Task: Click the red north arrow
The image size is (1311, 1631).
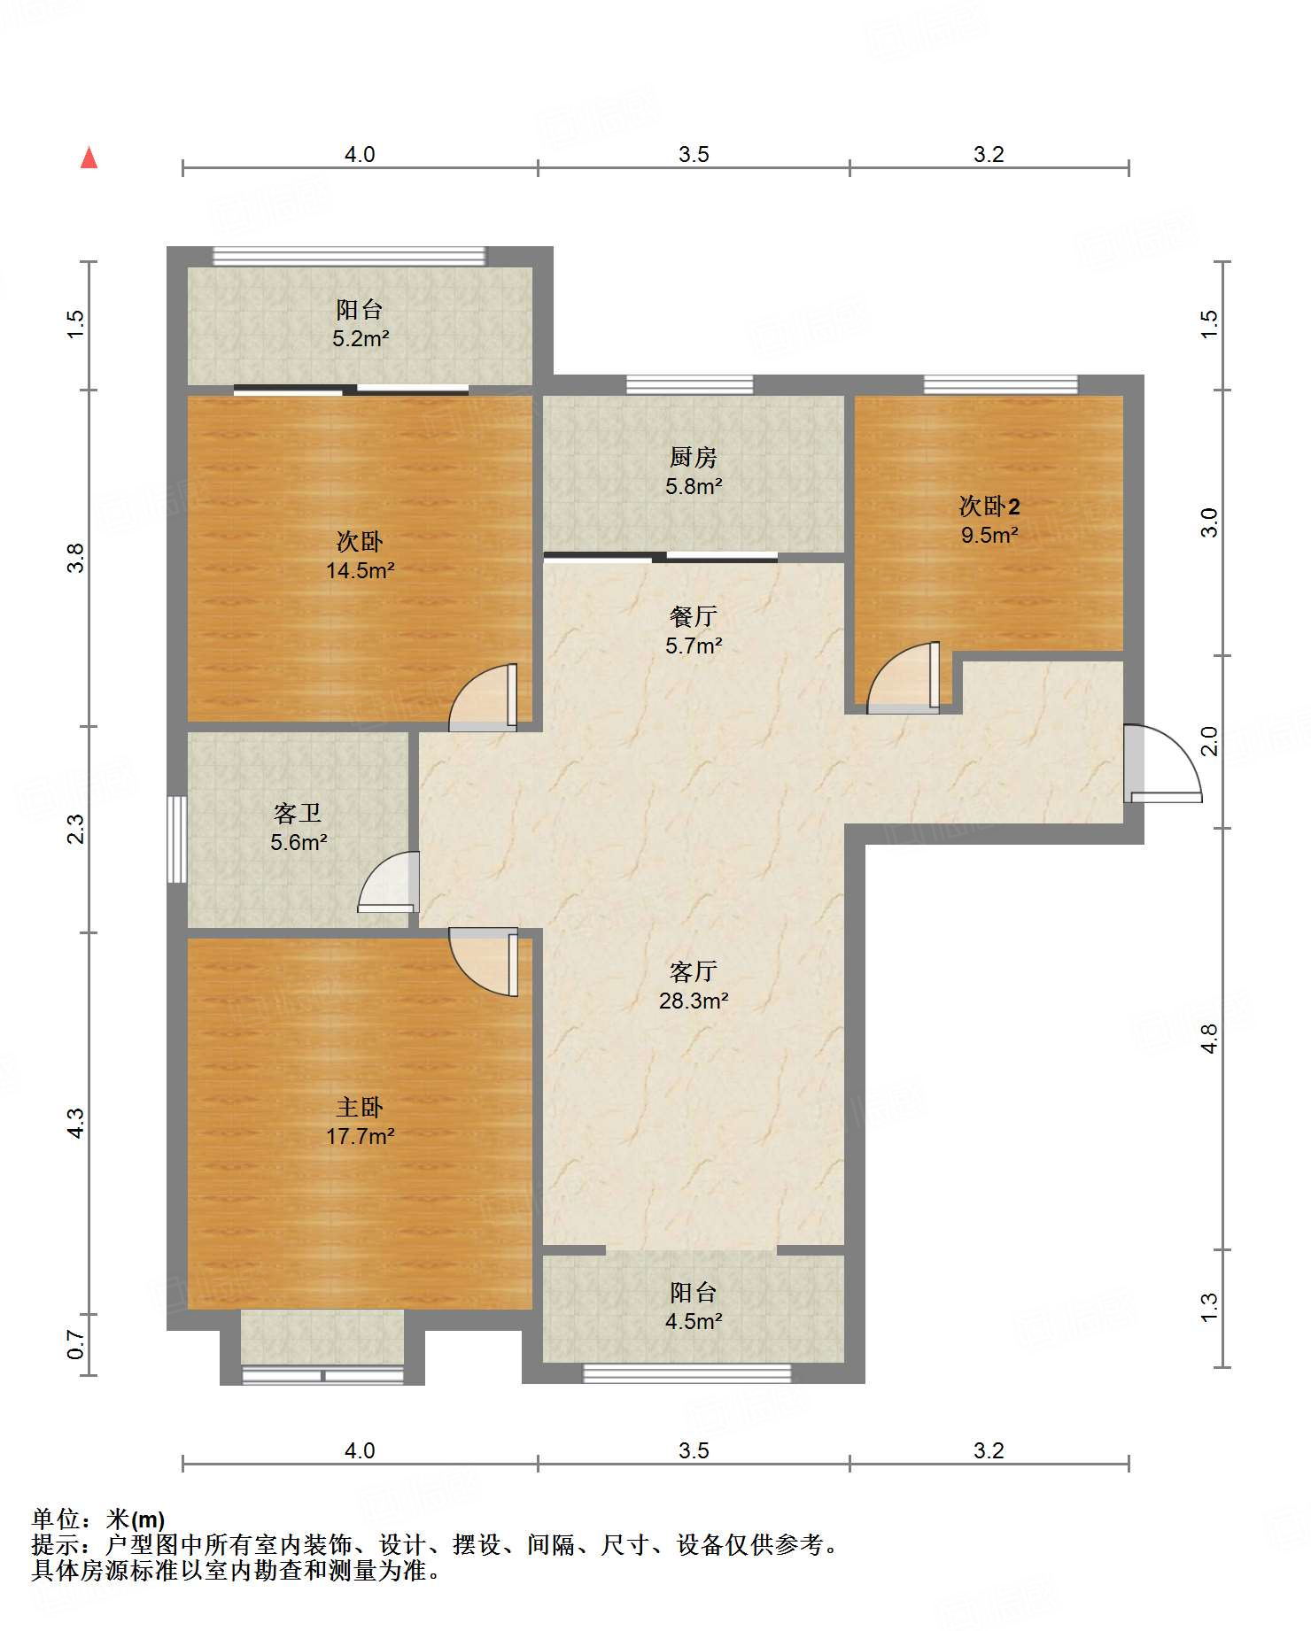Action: point(89,158)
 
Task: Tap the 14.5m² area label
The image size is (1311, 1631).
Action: point(361,570)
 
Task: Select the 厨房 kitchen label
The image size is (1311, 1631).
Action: point(694,457)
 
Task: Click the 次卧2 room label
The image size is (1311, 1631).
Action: point(989,506)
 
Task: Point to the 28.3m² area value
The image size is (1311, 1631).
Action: point(694,1001)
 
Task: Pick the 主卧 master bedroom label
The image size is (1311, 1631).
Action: point(360,1107)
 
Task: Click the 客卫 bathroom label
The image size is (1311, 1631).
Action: point(298,813)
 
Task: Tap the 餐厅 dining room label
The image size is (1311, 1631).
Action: point(694,616)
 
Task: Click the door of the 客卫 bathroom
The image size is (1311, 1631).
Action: point(389,881)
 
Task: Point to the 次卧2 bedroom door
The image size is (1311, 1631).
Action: point(904,677)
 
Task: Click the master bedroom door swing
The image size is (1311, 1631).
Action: point(484,962)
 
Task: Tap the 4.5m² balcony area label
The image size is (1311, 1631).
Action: point(694,1321)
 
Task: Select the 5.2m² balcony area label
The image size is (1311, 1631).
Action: point(361,338)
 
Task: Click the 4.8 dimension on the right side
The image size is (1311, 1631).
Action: point(1210,1038)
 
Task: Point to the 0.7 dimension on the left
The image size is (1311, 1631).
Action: point(76,1346)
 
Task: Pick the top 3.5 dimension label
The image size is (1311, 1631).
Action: point(694,155)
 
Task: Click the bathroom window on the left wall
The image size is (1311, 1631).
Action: point(177,839)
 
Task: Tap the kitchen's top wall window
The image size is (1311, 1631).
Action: point(690,384)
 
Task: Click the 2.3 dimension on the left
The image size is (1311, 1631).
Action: point(76,828)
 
